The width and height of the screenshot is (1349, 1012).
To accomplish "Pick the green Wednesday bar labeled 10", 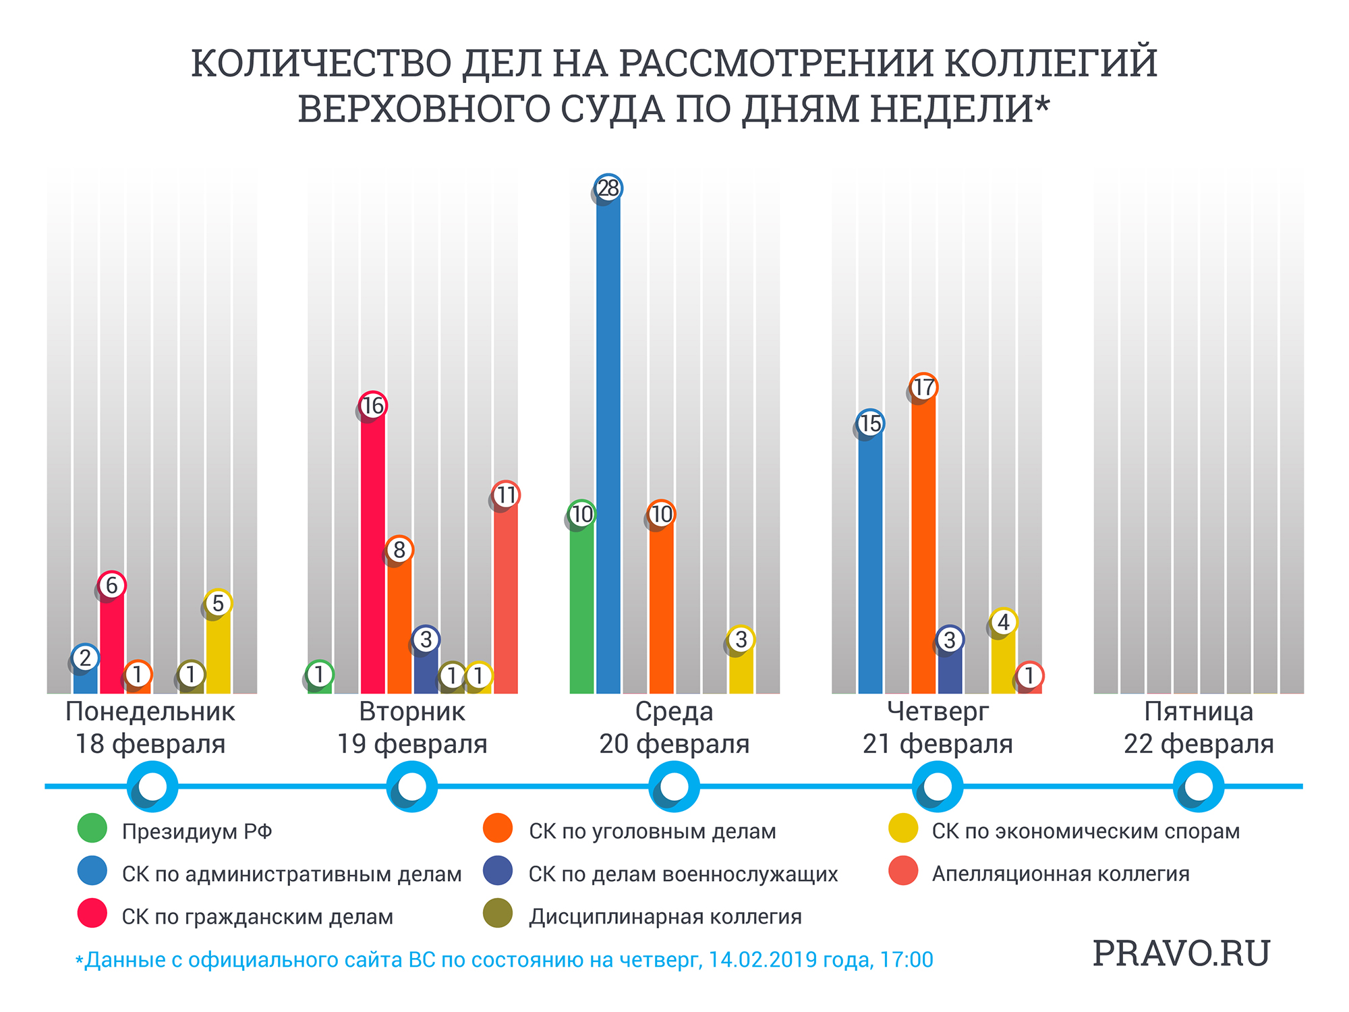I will (581, 607).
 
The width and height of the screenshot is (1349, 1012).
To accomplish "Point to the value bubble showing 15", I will (870, 424).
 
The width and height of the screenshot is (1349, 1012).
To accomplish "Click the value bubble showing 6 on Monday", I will (112, 585).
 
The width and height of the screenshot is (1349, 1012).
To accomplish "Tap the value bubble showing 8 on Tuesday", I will (399, 550).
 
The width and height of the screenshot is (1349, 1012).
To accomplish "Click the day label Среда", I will (674, 712).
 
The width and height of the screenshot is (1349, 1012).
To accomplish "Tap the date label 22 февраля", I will (1199, 744).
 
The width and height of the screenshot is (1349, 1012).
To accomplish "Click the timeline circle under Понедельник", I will (152, 786).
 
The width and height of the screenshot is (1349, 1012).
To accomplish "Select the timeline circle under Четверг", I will (937, 786).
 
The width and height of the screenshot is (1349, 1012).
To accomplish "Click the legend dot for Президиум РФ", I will (92, 828).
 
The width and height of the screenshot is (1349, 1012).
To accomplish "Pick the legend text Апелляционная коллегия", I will (1060, 874).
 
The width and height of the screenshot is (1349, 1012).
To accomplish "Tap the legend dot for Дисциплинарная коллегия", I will (498, 913).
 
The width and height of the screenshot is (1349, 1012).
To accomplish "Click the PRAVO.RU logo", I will (1181, 953).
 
